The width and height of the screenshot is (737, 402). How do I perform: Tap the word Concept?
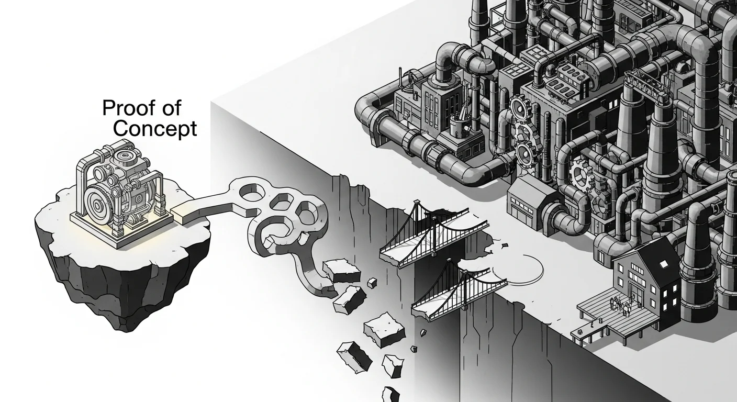(x=155, y=129)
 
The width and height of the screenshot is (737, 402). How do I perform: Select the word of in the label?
(x=171, y=108)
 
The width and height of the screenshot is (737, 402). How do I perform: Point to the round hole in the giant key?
(x=251, y=193)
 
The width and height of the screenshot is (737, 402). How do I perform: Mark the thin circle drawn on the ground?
(x=518, y=268)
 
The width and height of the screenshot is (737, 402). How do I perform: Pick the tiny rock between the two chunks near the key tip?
(x=372, y=283)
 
